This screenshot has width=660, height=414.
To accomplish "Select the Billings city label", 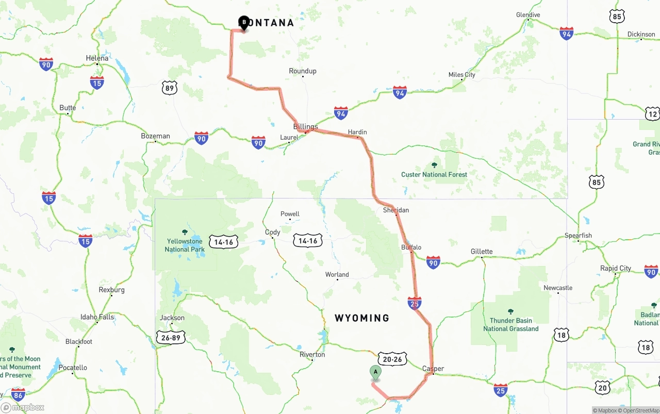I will point(305,126).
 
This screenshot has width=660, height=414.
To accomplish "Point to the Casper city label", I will point(433,369).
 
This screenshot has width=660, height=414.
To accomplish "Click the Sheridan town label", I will point(396,210).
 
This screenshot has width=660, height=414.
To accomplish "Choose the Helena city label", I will point(97,58).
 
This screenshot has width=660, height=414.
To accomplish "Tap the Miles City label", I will point(461,75).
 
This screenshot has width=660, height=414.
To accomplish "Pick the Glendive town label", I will point(528,15).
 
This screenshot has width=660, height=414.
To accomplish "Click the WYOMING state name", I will point(362,318).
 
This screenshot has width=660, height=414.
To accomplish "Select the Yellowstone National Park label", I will point(185,245).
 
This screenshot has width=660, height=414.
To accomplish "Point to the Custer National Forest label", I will point(434,174).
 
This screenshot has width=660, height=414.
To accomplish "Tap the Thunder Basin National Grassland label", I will point(510,324).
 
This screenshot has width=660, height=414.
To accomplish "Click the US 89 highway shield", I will point(169,88).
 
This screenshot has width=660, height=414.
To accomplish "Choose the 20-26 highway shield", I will point(392,359).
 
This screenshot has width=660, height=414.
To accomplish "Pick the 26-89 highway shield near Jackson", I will point(171,338).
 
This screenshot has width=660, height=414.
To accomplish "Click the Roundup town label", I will point(303,71).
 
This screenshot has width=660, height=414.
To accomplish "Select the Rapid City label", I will point(615,268).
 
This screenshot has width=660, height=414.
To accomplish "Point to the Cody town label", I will point(272,232).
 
